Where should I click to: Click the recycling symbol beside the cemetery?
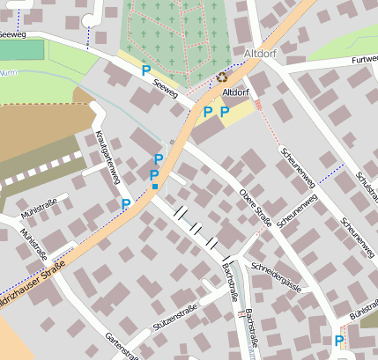tap(220, 77)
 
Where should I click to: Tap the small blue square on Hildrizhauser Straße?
tap(154, 187)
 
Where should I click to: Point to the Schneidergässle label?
tap(277, 275)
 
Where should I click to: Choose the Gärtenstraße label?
tap(122, 346)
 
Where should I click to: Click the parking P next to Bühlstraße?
tap(338, 341)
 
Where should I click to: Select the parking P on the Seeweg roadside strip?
tap(145, 70)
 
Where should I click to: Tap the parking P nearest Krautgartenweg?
tap(126, 204)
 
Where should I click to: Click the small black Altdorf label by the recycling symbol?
tap(235, 92)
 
